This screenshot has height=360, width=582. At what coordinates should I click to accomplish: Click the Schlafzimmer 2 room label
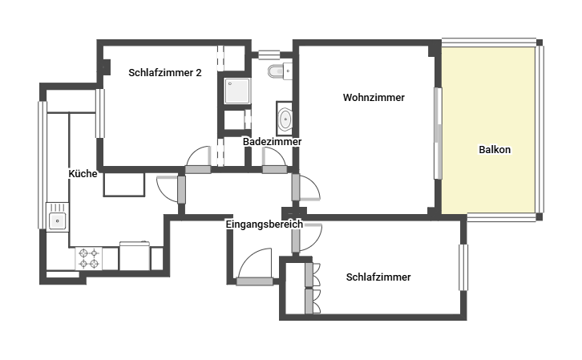[165, 73]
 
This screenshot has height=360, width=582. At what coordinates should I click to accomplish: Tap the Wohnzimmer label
[374, 98]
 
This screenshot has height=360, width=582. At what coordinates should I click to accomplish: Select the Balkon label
[495, 150]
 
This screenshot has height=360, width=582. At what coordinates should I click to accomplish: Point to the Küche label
[83, 174]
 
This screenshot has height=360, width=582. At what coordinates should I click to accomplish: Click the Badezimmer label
[272, 141]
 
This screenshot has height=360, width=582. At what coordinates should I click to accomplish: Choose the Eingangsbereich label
[265, 224]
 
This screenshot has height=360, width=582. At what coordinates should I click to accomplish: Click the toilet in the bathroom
[280, 71]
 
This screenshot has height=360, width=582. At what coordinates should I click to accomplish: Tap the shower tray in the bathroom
[237, 91]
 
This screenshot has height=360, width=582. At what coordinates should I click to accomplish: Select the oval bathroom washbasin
[285, 119]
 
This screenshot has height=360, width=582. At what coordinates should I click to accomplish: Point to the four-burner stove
[89, 259]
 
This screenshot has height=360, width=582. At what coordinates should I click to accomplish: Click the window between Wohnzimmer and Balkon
[438, 134]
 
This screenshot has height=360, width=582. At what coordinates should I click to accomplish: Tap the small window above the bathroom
[269, 55]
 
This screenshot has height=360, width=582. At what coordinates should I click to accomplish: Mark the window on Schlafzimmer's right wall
[463, 267]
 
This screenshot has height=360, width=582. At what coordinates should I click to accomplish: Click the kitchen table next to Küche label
[124, 184]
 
